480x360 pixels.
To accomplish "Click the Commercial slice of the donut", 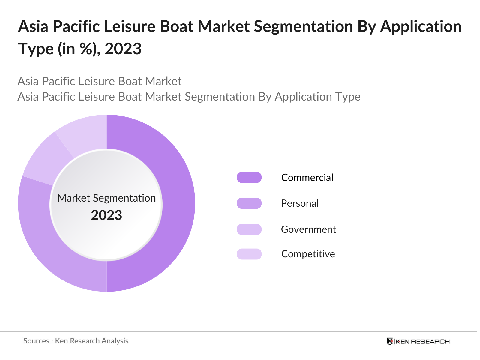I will [x=177, y=204].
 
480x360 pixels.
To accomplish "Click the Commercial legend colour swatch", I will [x=249, y=177].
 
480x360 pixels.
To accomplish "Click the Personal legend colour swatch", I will [x=249, y=203].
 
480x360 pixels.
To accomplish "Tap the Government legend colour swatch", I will [x=249, y=229].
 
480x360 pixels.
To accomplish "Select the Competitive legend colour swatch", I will [x=249, y=254].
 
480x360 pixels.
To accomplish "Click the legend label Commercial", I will [x=307, y=177].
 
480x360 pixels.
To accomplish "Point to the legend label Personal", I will [x=300, y=203].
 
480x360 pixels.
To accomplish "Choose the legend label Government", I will [x=308, y=229].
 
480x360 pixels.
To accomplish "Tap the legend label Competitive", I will [x=308, y=254].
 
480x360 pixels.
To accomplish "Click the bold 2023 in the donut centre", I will [x=106, y=215].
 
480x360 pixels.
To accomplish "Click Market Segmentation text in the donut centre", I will [x=106, y=198].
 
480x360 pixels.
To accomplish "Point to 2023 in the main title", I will [x=123, y=49].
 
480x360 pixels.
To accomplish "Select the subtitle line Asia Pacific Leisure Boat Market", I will [x=100, y=81].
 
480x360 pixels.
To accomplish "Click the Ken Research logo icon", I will [x=390, y=341].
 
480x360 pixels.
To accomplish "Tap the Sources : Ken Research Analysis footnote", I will [x=76, y=341].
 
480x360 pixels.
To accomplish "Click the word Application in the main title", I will [x=421, y=26].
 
